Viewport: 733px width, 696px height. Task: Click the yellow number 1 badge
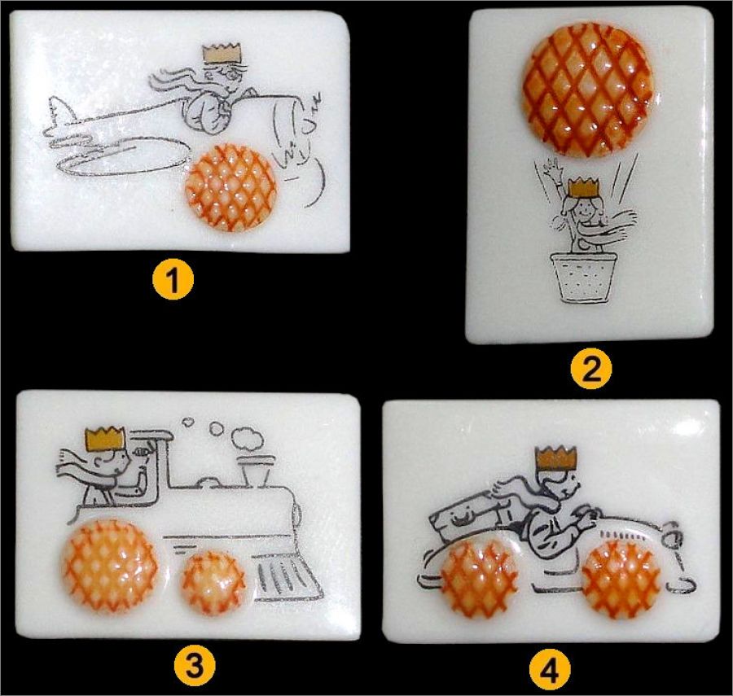173,279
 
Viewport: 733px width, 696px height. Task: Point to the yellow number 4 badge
550,669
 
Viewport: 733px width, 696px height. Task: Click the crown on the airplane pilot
222,55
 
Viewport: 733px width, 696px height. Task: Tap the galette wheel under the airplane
231,188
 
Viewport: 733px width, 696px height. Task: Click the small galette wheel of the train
213,582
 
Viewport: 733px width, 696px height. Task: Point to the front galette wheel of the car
621,576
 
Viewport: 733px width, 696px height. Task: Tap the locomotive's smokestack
255,471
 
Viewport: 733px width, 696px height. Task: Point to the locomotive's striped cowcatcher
287,578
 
